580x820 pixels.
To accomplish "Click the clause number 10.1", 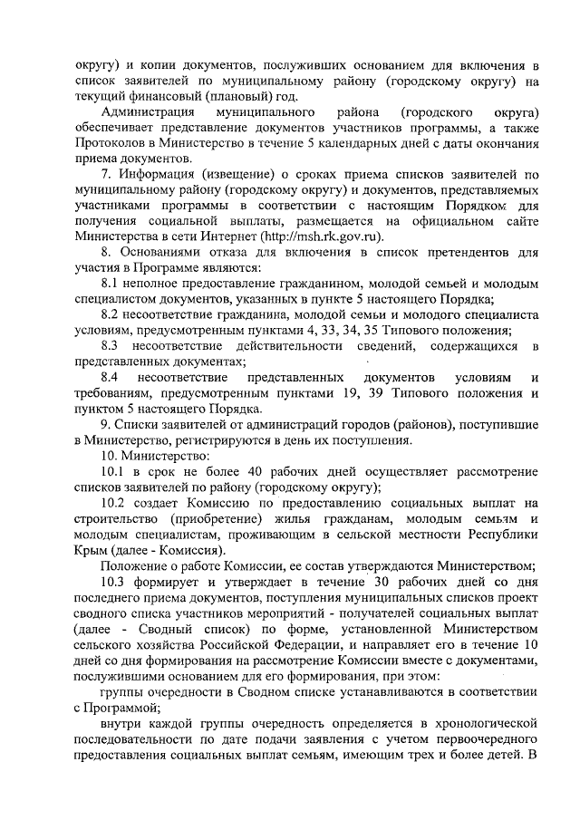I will (x=115, y=471).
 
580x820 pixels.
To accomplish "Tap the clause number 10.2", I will (x=115, y=502).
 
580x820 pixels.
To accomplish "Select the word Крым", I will (x=93, y=549).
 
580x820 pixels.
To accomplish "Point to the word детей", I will (x=499, y=755).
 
